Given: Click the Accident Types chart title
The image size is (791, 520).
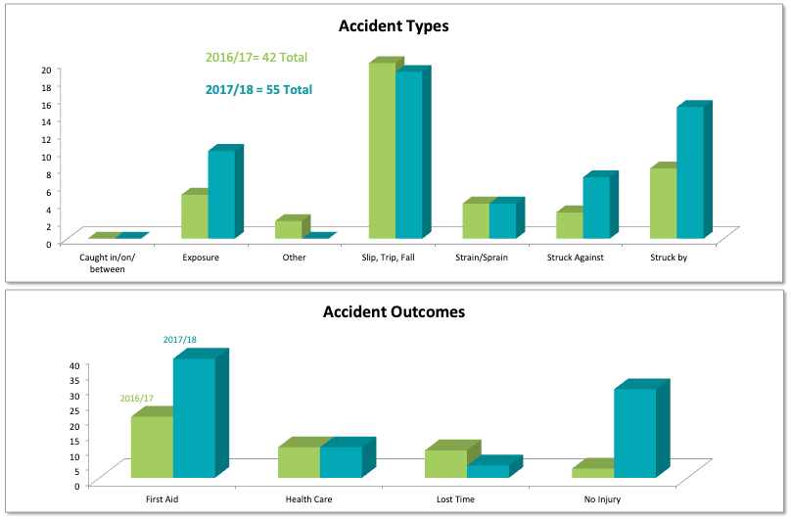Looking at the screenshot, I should coord(394,26).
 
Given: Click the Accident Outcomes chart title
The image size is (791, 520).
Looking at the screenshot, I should coord(394,313).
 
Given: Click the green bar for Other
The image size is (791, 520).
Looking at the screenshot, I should coord(288,229).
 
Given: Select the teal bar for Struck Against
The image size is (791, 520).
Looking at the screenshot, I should coord(596,207).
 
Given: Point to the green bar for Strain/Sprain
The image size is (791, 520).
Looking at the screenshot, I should coord(476,220).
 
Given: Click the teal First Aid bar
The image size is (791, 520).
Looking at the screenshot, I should coord(194,418).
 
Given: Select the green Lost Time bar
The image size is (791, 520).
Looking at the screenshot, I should coord(445,463).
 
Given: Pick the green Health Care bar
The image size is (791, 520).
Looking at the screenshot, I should coord(299,462).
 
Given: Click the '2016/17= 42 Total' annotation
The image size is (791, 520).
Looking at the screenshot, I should coord(256,58).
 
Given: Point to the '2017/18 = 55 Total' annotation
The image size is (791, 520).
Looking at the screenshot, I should coord(258,90).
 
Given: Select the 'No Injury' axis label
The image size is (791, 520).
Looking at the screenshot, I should coord(602,499).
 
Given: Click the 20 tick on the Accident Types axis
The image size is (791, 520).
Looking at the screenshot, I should coord(46,71).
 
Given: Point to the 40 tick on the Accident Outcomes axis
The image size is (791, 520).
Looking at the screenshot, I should coord(73,366).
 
